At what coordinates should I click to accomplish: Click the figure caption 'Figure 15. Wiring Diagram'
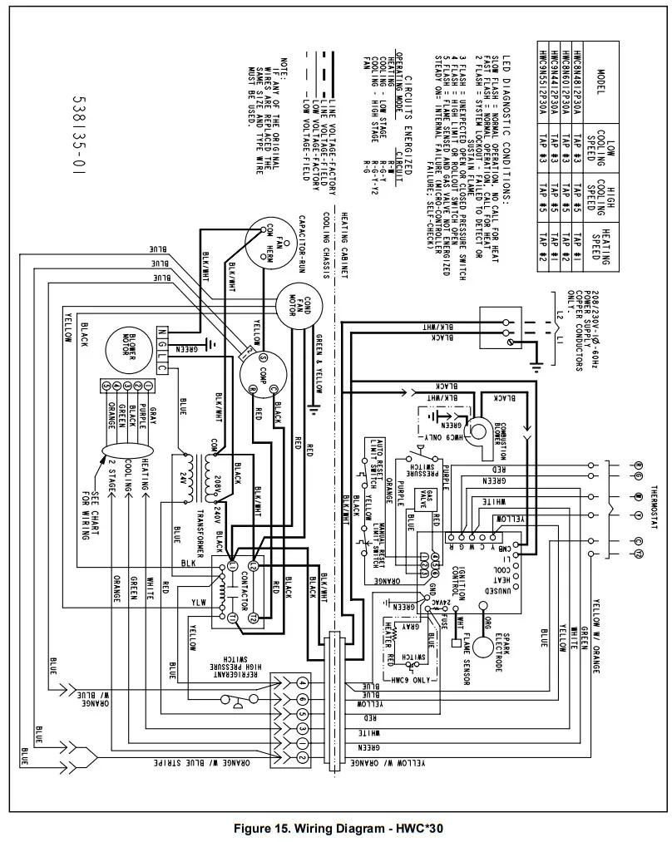(x=336, y=828)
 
